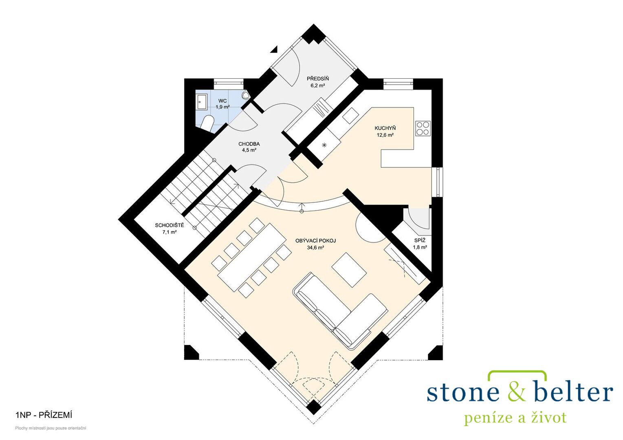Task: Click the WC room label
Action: click(222, 101)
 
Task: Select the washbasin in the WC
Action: click(201, 102)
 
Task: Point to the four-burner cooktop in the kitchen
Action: click(423, 128)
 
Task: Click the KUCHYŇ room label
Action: click(385, 128)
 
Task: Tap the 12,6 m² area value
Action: click(385, 135)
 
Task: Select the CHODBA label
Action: click(249, 144)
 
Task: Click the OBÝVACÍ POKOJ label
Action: click(315, 241)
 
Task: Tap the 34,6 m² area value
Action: click(315, 247)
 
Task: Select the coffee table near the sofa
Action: click(349, 270)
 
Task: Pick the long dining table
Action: click(252, 256)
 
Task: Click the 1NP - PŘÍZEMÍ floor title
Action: click(44, 416)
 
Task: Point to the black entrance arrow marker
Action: click(275, 49)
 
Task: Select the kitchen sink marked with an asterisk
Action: click(324, 144)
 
